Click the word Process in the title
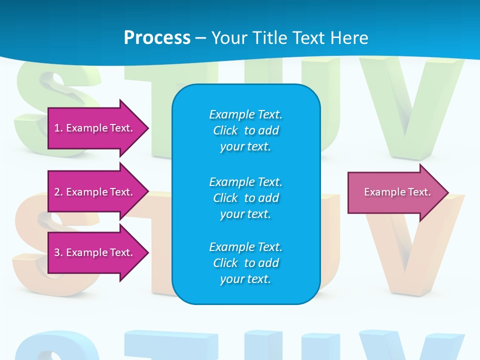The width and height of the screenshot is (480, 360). coord(157,38)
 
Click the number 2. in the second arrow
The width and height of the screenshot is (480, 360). coord(58,192)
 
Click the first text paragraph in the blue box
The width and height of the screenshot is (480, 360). coord(245,130)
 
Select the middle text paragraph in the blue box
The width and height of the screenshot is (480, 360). coord(245,198)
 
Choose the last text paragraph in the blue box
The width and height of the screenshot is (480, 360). coord(245,263)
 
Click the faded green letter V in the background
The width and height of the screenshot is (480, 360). coord(410,100)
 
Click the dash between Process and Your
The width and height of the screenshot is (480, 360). coord(200,38)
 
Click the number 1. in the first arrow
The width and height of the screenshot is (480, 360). coord(58,128)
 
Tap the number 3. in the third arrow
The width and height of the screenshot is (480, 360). coord(58,252)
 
